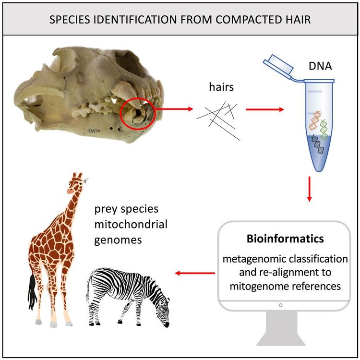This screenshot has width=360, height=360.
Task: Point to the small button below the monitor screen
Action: pyautogui.click(x=280, y=304)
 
